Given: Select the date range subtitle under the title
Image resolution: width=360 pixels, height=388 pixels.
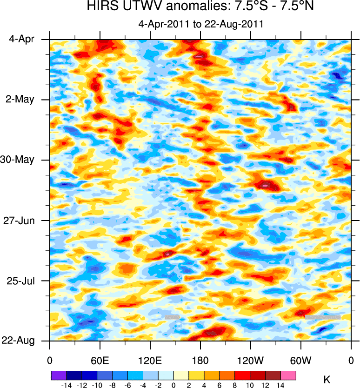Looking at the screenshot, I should coord(201,24).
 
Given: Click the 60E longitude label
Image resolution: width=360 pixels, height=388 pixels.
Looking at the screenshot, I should coord(100,361).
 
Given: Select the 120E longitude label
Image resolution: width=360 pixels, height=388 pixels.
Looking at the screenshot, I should coord(150,361).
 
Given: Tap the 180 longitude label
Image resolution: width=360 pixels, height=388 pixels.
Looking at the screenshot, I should coord(200,361).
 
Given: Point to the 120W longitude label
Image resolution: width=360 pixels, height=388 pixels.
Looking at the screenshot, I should coord(251,361).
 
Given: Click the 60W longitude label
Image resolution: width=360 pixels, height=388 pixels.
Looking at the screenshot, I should coord(300,361).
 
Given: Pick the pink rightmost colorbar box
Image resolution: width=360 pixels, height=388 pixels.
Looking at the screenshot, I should coord(288,375).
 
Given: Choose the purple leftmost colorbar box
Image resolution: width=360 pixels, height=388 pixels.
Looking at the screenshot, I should coord(58,375).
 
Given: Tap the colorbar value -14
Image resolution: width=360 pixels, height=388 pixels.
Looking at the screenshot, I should coord(66,385).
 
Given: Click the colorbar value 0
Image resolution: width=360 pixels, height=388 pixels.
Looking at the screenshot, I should coord(173,385).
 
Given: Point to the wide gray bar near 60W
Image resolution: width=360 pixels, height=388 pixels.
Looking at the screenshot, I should coord(323,317).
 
